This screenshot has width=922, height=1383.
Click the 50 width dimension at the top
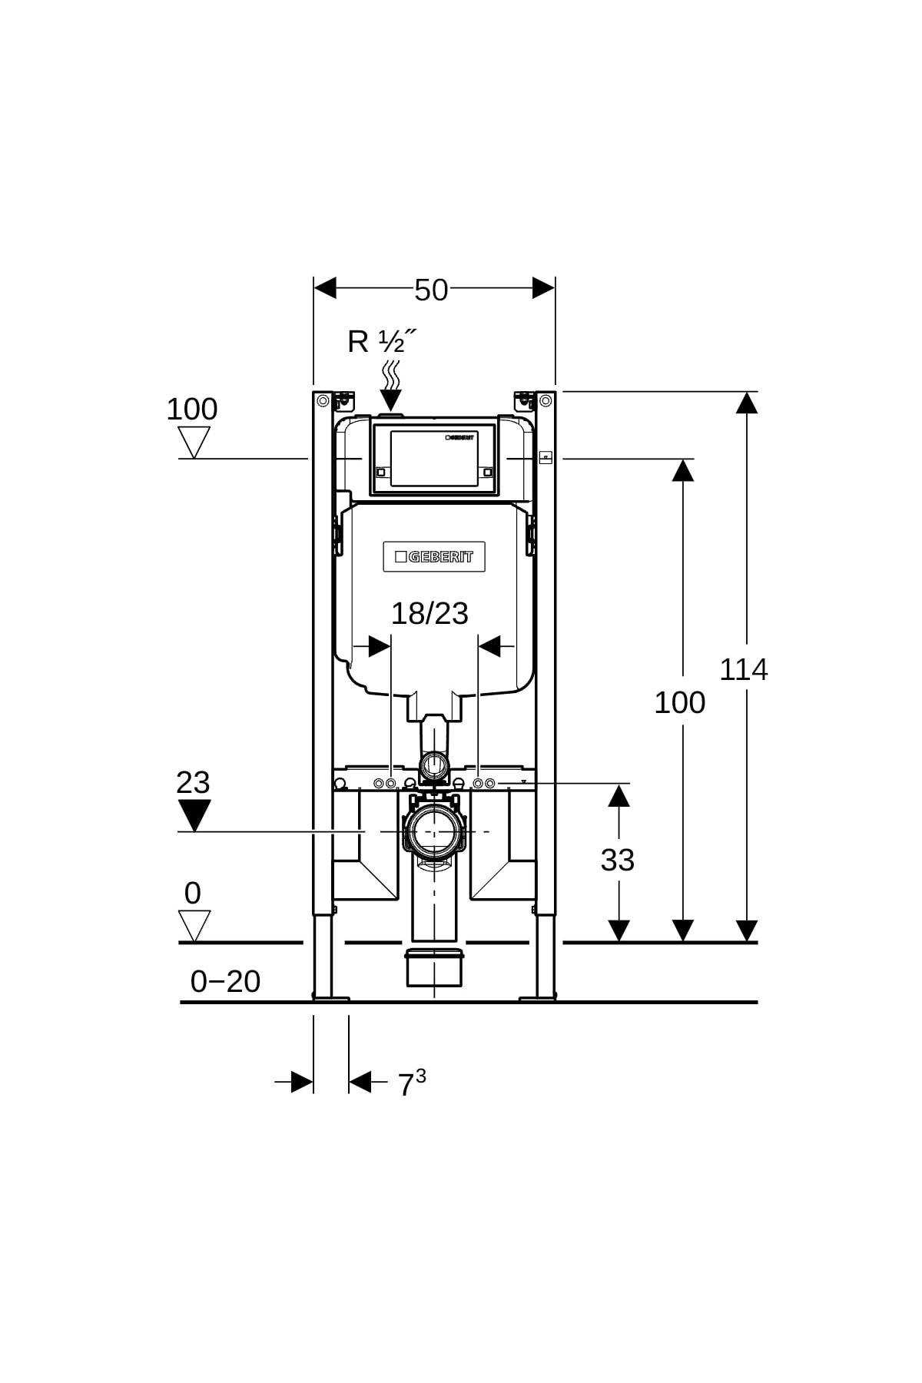(431, 290)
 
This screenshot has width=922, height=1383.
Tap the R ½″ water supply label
(381, 340)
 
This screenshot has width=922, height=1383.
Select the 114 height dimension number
(743, 669)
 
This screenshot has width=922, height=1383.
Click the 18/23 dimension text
(429, 613)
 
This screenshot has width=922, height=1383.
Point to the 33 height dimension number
(617, 860)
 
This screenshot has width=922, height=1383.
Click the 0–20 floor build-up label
(225, 981)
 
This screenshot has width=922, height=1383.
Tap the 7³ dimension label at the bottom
(411, 1083)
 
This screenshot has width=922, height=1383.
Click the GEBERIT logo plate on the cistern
(434, 556)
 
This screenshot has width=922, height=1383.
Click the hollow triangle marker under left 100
(194, 442)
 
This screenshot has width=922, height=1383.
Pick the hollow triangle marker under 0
(194, 925)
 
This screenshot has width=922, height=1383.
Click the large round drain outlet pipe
(434, 831)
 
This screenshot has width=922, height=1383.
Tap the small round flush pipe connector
(434, 764)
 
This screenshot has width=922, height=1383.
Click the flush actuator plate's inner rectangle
(434, 458)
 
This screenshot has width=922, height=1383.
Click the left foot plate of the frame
(331, 998)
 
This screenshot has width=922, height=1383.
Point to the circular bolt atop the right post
(546, 400)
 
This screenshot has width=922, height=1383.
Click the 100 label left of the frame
(192, 409)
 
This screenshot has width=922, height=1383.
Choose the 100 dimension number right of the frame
(679, 702)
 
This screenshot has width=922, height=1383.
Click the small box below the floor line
(434, 967)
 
